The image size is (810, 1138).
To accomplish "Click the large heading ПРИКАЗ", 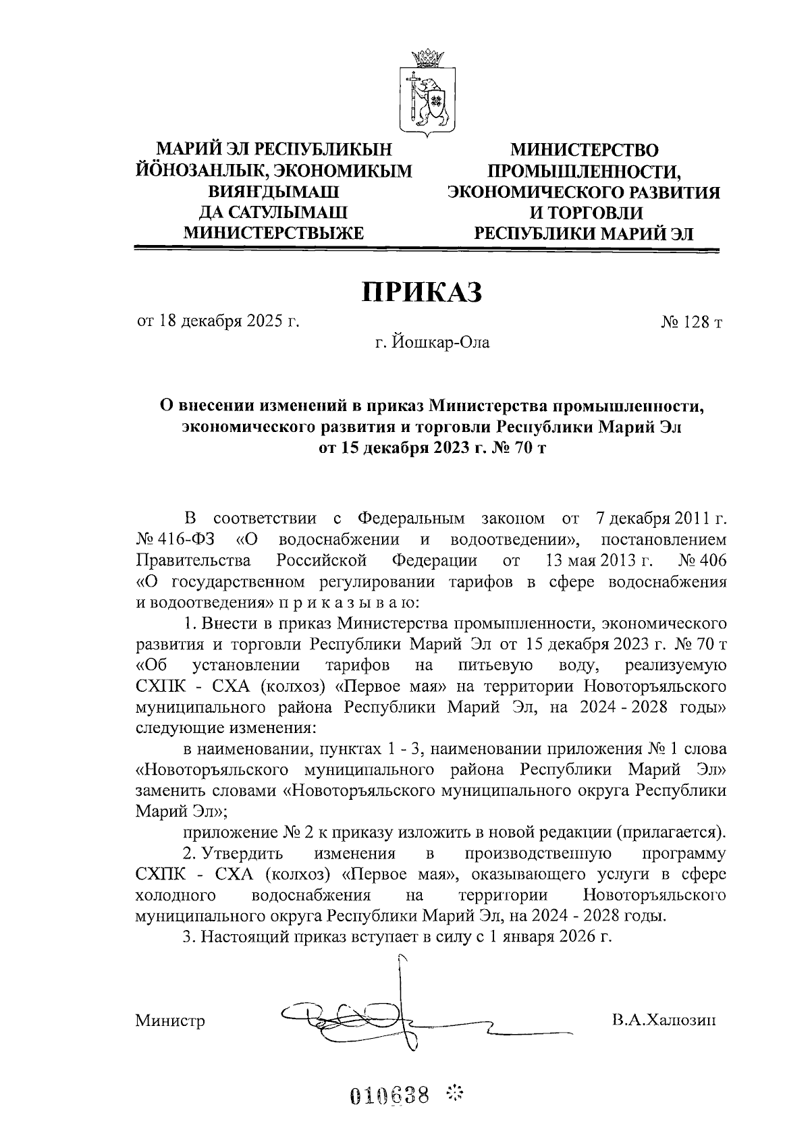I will click(423, 292).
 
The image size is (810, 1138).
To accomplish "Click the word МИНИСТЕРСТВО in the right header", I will click(584, 150).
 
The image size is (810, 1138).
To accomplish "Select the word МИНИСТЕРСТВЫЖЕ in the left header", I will click(273, 234).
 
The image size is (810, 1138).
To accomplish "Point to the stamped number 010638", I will click(389, 1095).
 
